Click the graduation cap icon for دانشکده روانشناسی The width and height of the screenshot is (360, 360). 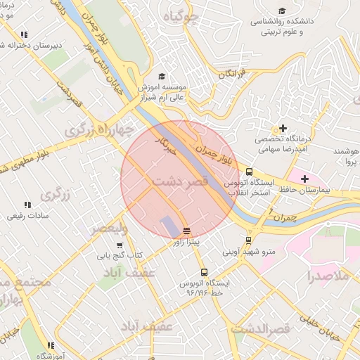pos(282,11)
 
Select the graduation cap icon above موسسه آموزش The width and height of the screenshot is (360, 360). pos(162,76)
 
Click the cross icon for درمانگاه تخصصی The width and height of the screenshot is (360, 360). pos(283,129)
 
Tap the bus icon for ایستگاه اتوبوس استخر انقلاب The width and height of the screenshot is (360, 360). pos(249,172)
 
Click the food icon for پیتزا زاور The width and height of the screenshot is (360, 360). pos(186,231)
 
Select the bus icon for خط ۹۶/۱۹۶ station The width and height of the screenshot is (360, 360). pos(204,272)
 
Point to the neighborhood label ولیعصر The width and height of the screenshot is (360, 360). pos(108,229)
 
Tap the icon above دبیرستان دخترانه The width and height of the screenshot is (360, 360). pos(24,34)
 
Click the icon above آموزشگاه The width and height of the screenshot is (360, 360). pos(51,345)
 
